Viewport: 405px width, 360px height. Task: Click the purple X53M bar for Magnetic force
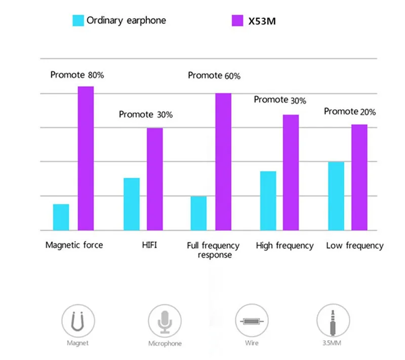pyautogui.click(x=86, y=158)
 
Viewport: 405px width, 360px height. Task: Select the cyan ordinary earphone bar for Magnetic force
pyautogui.click(x=61, y=217)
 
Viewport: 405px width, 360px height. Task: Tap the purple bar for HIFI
pyautogui.click(x=155, y=179)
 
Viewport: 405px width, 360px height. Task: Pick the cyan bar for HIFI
pyautogui.click(x=132, y=204)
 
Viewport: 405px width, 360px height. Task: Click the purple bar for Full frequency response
pyautogui.click(x=223, y=162)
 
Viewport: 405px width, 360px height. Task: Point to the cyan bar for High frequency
pyautogui.click(x=268, y=201)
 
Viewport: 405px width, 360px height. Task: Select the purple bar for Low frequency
pyautogui.click(x=359, y=177)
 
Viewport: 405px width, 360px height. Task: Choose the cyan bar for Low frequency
pyautogui.click(x=336, y=196)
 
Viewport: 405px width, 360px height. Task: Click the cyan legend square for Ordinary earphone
pyautogui.click(x=78, y=21)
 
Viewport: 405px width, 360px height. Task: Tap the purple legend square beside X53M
pyautogui.click(x=237, y=21)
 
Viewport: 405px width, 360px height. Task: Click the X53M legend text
pyautogui.click(x=262, y=21)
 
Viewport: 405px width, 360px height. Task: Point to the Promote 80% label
pyautogui.click(x=77, y=75)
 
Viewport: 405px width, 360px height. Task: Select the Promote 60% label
pyautogui.click(x=214, y=75)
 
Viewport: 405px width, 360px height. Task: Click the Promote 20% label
pyautogui.click(x=350, y=111)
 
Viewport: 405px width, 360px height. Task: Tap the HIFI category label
pyautogui.click(x=149, y=245)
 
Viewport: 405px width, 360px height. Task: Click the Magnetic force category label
pyautogui.click(x=74, y=245)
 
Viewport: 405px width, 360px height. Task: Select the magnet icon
pyautogui.click(x=78, y=321)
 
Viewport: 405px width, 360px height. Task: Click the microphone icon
pyautogui.click(x=165, y=321)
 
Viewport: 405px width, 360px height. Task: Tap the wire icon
pyautogui.click(x=252, y=321)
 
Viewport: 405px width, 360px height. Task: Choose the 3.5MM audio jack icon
pyautogui.click(x=333, y=321)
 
